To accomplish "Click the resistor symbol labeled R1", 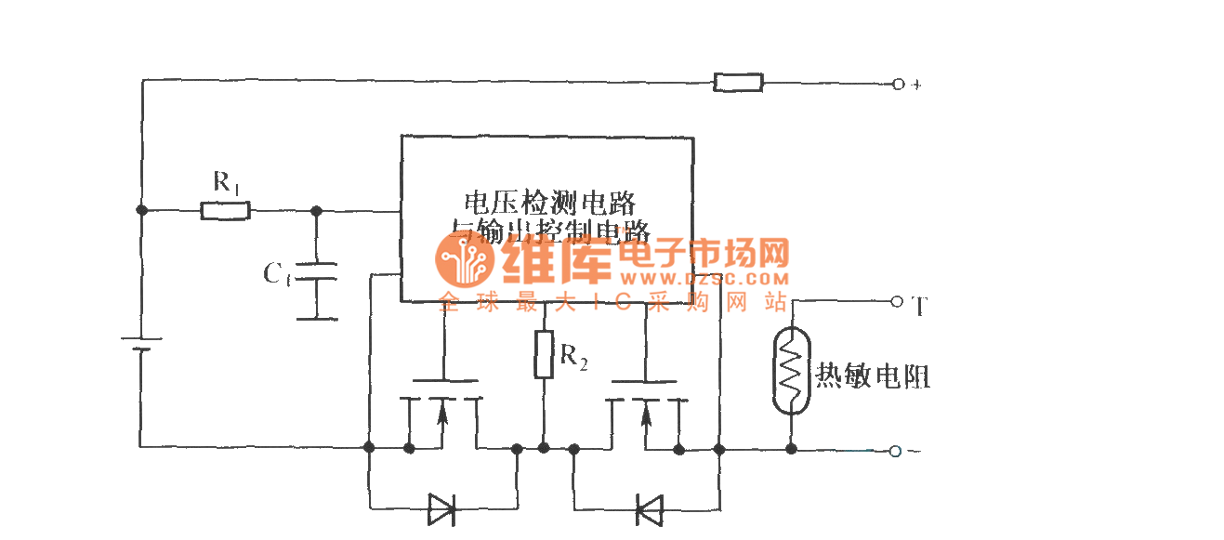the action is (225, 211).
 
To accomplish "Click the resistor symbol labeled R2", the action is (544, 354).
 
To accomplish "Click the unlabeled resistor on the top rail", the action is (738, 83).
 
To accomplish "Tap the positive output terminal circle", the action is (898, 84).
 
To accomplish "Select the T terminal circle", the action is (897, 301).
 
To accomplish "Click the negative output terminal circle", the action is (895, 451).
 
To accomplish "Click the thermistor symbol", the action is (791, 374).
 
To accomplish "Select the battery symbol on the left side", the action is (141, 345).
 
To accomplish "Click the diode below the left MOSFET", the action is (442, 508).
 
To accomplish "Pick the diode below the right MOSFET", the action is (648, 509).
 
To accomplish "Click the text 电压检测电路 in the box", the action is (549, 202).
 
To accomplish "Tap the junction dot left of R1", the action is (141, 211).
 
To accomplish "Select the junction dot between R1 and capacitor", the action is (317, 211).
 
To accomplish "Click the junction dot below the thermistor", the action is (791, 450).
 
